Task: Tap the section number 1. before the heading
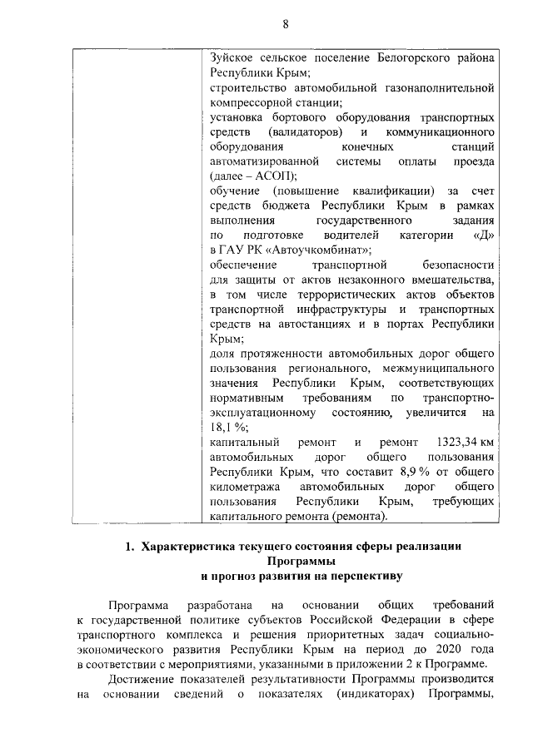(129, 547)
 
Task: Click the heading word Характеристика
(194, 547)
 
